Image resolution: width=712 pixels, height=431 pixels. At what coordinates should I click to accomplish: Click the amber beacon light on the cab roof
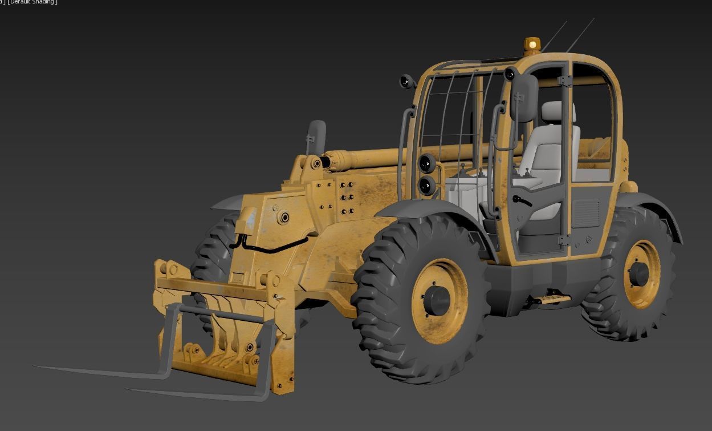(532, 45)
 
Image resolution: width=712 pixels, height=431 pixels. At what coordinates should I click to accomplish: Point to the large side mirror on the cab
(524, 98)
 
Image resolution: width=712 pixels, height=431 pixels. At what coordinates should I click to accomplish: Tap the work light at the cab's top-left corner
(406, 82)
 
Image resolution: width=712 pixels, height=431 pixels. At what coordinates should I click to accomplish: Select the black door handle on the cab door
(522, 200)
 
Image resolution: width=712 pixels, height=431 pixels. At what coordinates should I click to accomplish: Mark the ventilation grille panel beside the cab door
(585, 214)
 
